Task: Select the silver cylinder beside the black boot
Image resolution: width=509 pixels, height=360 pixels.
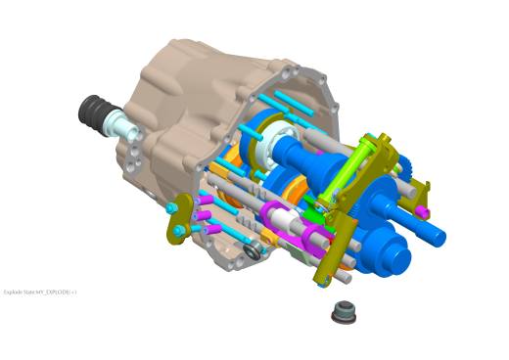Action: [x=124, y=124]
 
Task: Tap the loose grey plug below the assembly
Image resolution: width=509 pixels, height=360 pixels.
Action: [x=344, y=312]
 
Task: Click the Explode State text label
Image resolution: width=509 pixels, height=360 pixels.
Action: [x=40, y=292]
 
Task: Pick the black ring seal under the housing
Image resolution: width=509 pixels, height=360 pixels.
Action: [x=254, y=253]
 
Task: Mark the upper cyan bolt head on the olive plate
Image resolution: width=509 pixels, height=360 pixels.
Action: [x=172, y=208]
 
